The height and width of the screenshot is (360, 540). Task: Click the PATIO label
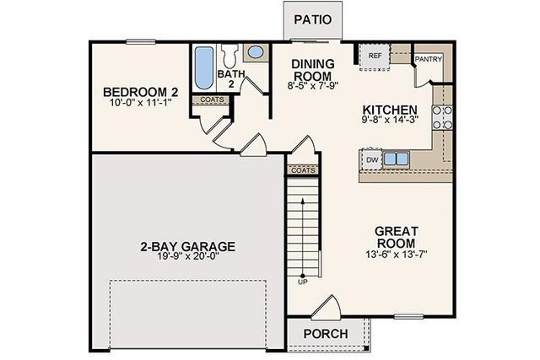tap(311, 19)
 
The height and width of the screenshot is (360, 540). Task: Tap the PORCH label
tap(326, 334)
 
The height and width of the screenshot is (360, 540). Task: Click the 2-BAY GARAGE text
tap(187, 247)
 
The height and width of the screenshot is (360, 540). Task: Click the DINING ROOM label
tap(312, 69)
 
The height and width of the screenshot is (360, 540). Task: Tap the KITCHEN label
tap(390, 110)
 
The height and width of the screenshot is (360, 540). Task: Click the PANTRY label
tap(429, 60)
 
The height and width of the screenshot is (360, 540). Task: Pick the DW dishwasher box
tap(371, 159)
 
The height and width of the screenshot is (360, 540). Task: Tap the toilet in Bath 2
tap(229, 56)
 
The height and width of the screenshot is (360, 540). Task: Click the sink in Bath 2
tap(254, 52)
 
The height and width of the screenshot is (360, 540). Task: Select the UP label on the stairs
tap(302, 282)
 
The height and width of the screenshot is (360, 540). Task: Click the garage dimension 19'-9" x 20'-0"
tap(187, 259)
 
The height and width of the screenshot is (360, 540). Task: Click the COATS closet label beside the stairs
tap(303, 170)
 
